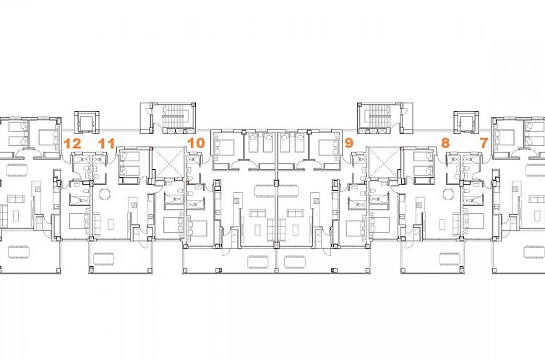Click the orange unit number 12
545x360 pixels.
pos(73,144)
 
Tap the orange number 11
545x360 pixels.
pos(106,144)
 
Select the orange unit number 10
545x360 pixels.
pos(196,143)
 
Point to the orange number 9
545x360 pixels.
pos(348,143)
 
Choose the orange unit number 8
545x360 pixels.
pos(445,143)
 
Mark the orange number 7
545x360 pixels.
pos(484,143)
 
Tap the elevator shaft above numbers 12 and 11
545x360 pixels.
pos(87,122)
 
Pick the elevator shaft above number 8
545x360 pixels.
pos(466,122)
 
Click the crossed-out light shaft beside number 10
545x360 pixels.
pos(168,162)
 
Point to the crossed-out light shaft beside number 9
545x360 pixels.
pos(384,162)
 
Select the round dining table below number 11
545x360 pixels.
pos(104,194)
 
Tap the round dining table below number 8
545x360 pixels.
pos(448,194)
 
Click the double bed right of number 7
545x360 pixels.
pos(504,137)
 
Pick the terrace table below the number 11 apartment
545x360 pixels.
pos(103,259)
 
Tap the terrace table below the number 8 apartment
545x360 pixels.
pos(450,259)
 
